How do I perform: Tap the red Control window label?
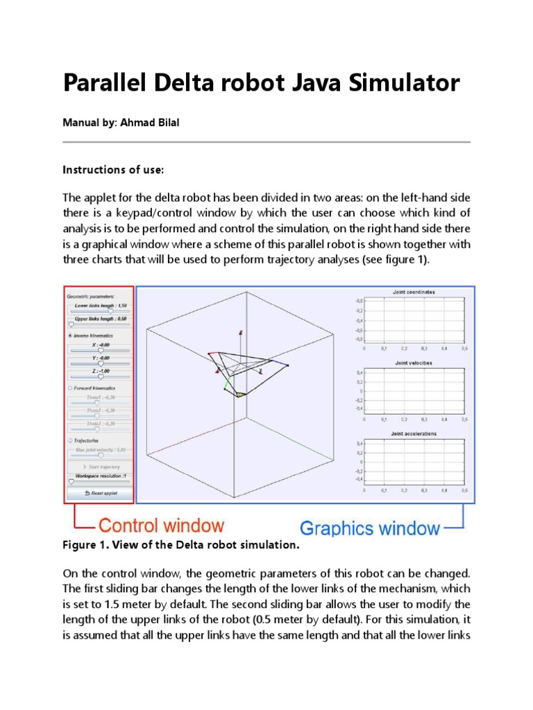161,526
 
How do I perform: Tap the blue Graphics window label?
369,528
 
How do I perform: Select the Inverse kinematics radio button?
69,335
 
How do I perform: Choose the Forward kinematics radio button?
69,388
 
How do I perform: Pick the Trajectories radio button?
69,440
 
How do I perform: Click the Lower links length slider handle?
110,312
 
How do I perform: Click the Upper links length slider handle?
71,324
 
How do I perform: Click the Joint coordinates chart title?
415,293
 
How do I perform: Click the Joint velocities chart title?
415,363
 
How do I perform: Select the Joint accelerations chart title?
415,433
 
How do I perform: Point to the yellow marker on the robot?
240,394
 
